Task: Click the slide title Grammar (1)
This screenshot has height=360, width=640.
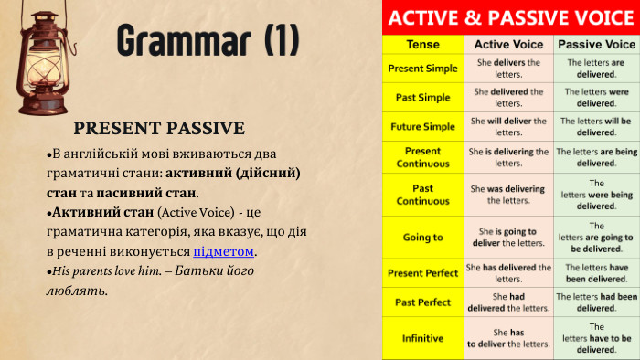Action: click(208, 41)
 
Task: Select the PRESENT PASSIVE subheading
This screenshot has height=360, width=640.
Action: click(158, 128)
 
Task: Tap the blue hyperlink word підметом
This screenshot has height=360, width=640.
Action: click(224, 251)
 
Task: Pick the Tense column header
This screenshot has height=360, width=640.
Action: click(421, 44)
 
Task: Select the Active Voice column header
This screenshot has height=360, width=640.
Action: click(508, 44)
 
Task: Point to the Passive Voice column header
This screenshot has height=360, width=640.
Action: click(596, 44)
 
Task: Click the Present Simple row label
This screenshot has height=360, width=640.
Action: click(421, 69)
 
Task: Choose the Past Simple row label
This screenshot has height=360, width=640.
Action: click(421, 97)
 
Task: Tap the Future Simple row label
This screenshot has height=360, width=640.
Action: click(421, 126)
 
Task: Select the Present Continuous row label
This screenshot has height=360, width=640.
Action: click(421, 157)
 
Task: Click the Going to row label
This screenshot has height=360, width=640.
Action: click(421, 238)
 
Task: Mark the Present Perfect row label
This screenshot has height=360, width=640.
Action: click(421, 273)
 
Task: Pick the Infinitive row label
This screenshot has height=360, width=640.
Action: click(421, 338)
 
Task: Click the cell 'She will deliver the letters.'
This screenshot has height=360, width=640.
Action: click(508, 126)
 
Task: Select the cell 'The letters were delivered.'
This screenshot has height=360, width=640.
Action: click(596, 97)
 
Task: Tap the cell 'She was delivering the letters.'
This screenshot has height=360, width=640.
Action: click(508, 195)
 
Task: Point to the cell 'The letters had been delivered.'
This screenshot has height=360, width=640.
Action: click(596, 302)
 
